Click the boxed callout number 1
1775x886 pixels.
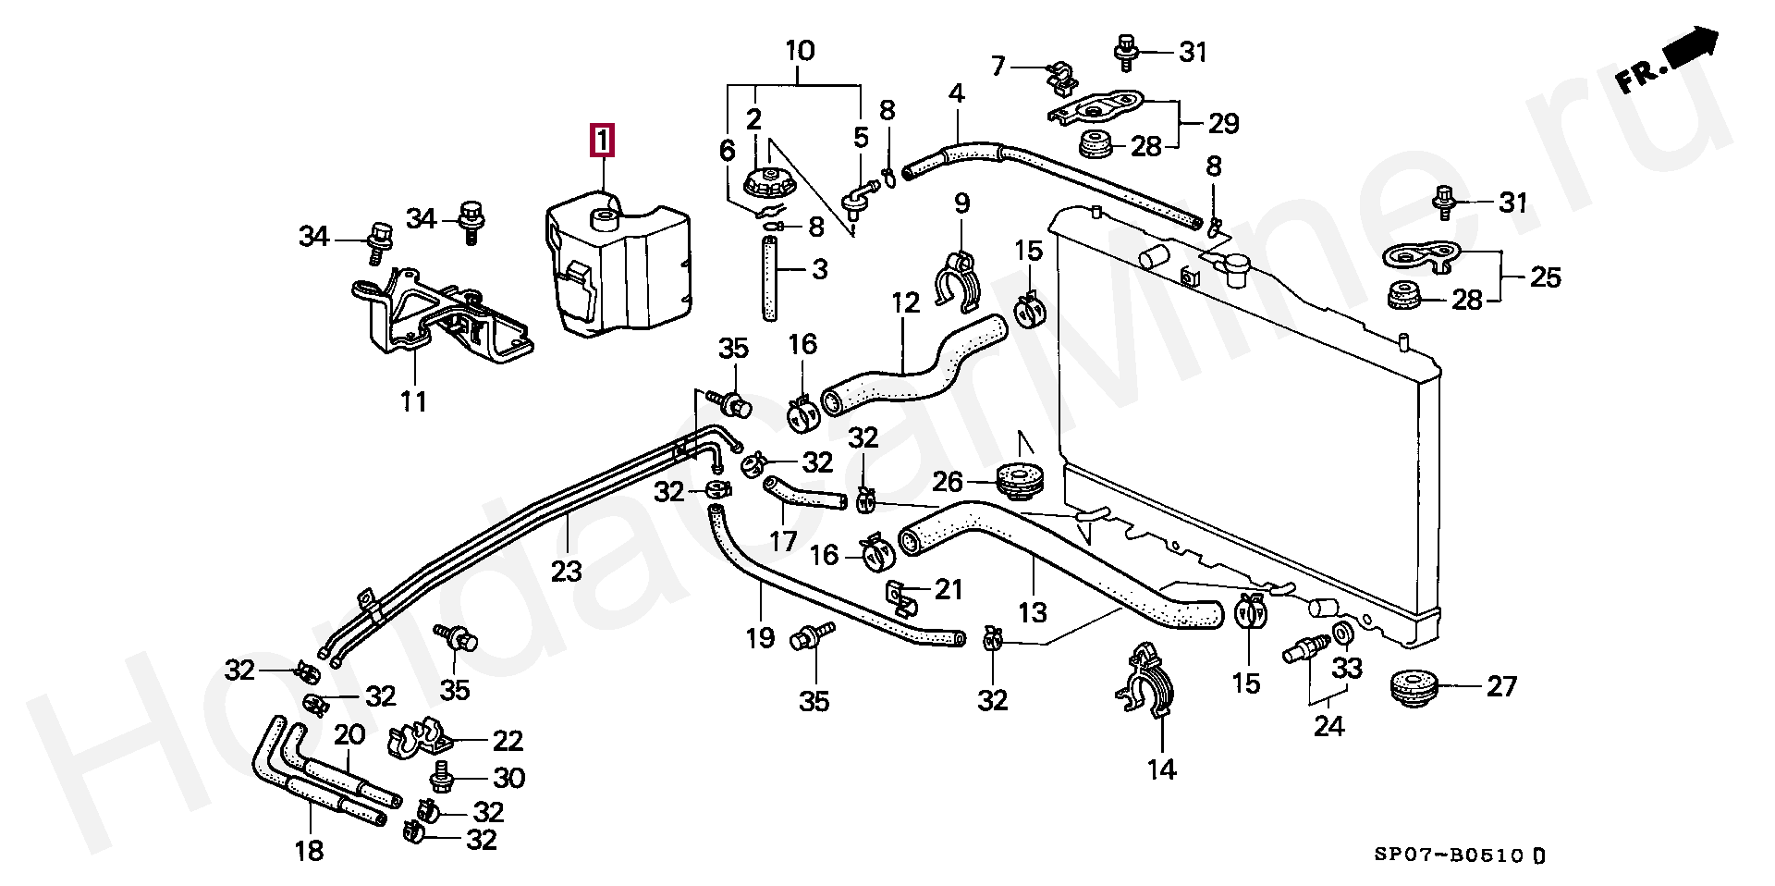click(x=602, y=142)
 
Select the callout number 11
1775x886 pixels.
click(x=413, y=401)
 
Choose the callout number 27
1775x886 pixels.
click(x=1502, y=686)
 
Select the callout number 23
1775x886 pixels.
click(x=566, y=572)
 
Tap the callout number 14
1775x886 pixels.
click(x=1162, y=769)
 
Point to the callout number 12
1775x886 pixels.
click(x=906, y=302)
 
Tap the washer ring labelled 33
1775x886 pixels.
click(x=1343, y=634)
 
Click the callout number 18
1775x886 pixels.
click(x=309, y=850)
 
